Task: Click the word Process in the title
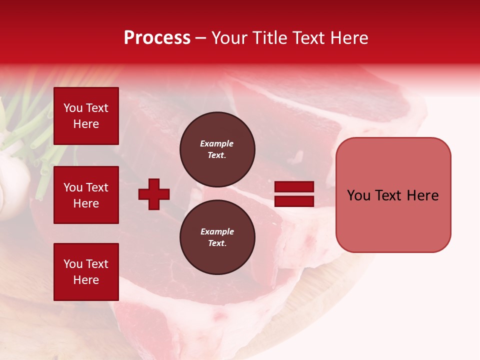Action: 157,38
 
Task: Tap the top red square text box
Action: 86,116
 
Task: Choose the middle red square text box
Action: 86,195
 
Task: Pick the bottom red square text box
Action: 86,272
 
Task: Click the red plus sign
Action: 154,194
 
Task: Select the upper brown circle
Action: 217,149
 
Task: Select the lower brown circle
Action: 217,237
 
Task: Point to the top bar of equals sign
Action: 294,187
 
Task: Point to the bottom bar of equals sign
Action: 294,201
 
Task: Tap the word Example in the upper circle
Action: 216,143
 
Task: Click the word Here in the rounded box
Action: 422,195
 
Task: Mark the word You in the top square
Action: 73,108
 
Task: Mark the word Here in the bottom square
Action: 86,280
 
